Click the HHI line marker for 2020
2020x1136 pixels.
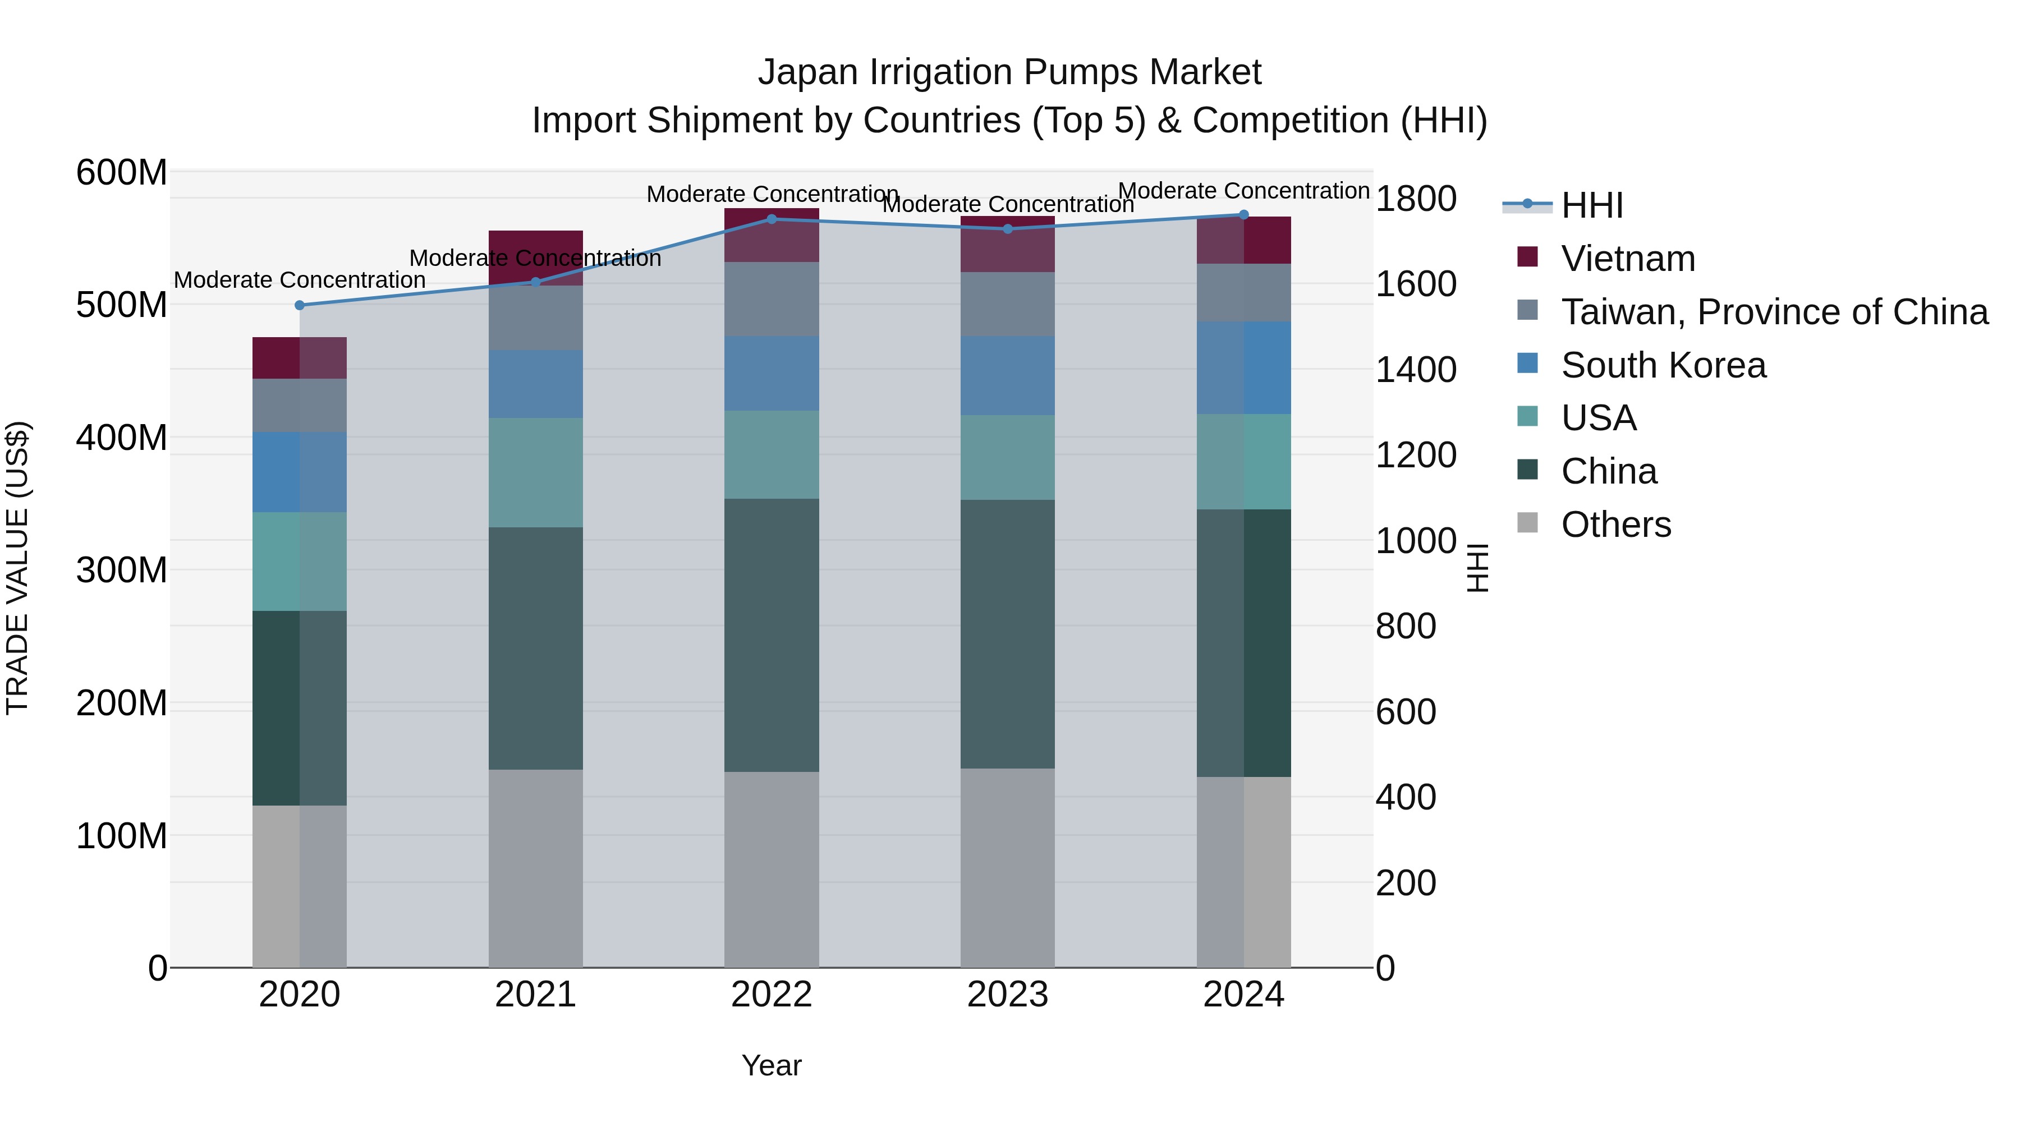300,305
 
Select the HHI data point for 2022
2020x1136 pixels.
772,219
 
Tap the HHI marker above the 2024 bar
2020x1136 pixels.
1243,214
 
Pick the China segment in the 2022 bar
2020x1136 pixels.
772,635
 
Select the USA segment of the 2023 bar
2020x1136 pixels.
1008,457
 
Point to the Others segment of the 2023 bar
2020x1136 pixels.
1008,867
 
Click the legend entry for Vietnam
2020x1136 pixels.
1627,259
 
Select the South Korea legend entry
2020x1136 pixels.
1663,365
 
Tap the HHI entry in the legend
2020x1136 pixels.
1591,205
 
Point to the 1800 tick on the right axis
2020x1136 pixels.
1416,199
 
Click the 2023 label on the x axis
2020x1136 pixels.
1008,995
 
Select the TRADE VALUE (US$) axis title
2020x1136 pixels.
17,568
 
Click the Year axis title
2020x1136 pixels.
772,1065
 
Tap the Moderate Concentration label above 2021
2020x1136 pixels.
536,258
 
